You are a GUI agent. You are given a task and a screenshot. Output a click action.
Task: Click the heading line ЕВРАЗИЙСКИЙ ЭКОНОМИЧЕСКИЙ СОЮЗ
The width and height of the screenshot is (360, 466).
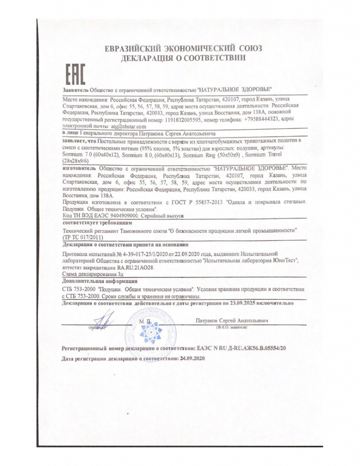pyautogui.click(x=183, y=49)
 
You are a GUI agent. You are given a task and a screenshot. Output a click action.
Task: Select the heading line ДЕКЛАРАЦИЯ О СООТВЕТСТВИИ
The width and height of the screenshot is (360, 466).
pyautogui.click(x=183, y=58)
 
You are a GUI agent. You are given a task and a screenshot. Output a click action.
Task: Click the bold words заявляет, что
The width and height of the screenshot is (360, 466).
pyautogui.click(x=80, y=142)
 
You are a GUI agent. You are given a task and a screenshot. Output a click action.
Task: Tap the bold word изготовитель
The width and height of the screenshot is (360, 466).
pyautogui.click(x=78, y=168)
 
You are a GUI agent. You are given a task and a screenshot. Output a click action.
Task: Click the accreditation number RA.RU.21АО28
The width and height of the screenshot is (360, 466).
pyautogui.click(x=134, y=268)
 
